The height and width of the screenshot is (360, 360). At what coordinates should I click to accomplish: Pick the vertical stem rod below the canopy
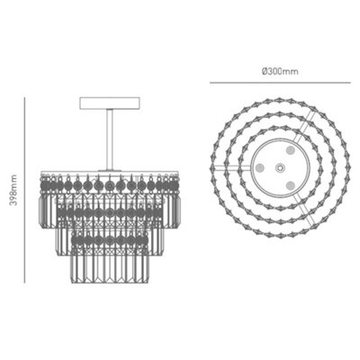pyautogui.click(x=110, y=135)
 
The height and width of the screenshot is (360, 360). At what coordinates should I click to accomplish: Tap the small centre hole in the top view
pyautogui.click(x=278, y=167)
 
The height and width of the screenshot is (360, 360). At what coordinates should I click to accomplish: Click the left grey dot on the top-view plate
pyautogui.click(x=260, y=167)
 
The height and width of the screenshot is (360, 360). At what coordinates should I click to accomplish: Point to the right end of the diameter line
pyautogui.click(x=346, y=83)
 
